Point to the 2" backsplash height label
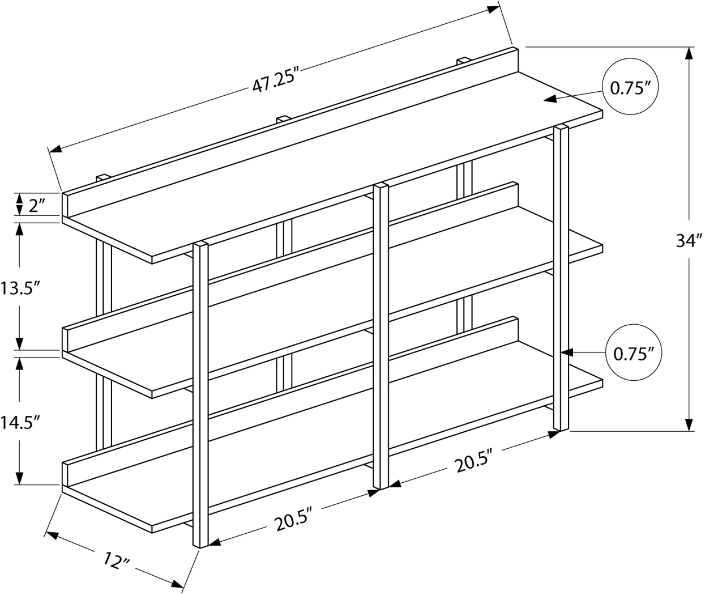(36, 205)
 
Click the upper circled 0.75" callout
(630, 88)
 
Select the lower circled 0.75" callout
(634, 354)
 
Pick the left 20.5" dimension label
(294, 520)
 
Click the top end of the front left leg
(202, 245)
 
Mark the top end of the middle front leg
(381, 186)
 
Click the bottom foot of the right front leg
(561, 428)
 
